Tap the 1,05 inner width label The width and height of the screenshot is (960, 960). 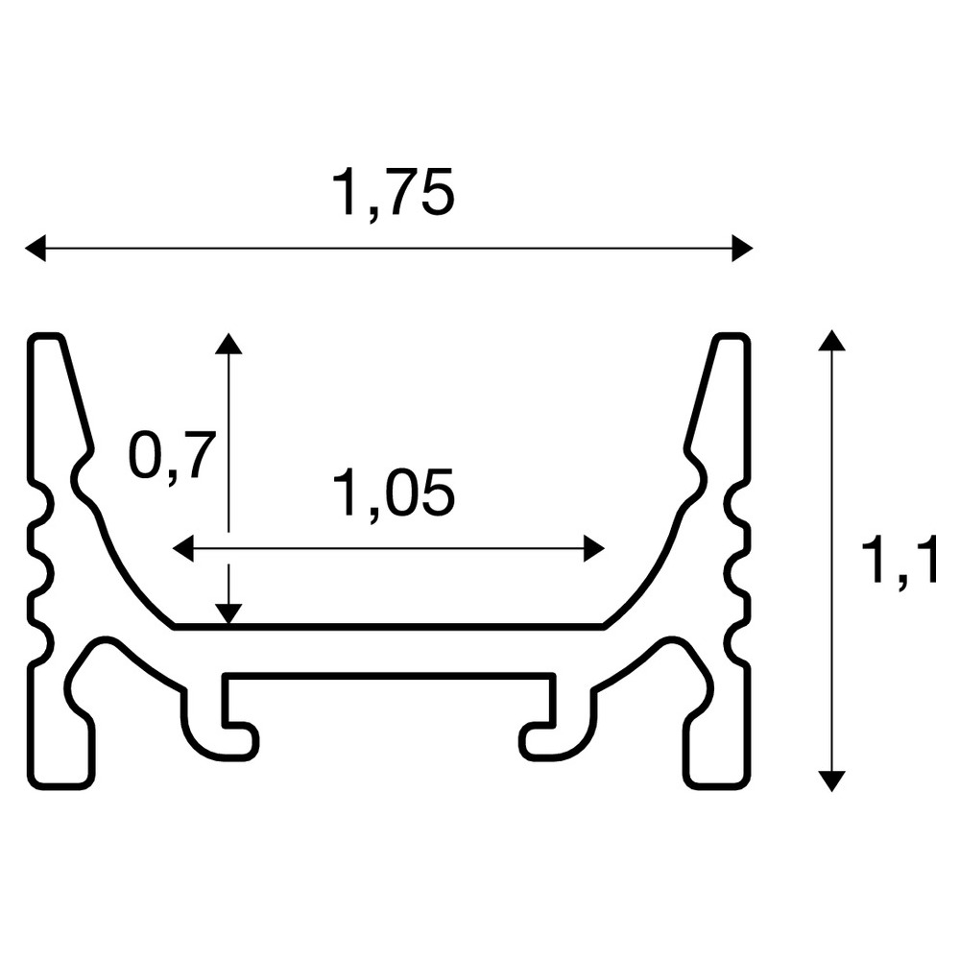click(393, 494)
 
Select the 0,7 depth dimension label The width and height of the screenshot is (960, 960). click(173, 457)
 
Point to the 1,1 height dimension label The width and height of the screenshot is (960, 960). click(898, 560)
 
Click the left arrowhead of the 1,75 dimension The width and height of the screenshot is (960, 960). click(35, 248)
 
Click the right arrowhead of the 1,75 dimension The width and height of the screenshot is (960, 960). click(742, 248)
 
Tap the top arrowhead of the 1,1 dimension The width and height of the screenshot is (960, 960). click(831, 341)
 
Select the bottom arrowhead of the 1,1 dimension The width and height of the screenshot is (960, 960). click(831, 781)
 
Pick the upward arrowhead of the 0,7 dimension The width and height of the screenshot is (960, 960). click(228, 344)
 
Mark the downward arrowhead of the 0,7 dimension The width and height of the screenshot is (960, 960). click(228, 614)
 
